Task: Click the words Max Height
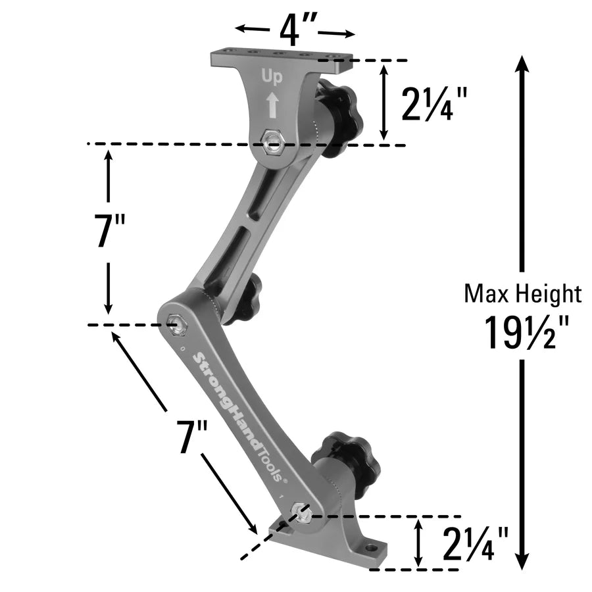pos(523,293)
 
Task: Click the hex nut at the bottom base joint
pos(301,513)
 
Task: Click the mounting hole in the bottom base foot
pos(372,547)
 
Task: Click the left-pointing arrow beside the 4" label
pos(250,29)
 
